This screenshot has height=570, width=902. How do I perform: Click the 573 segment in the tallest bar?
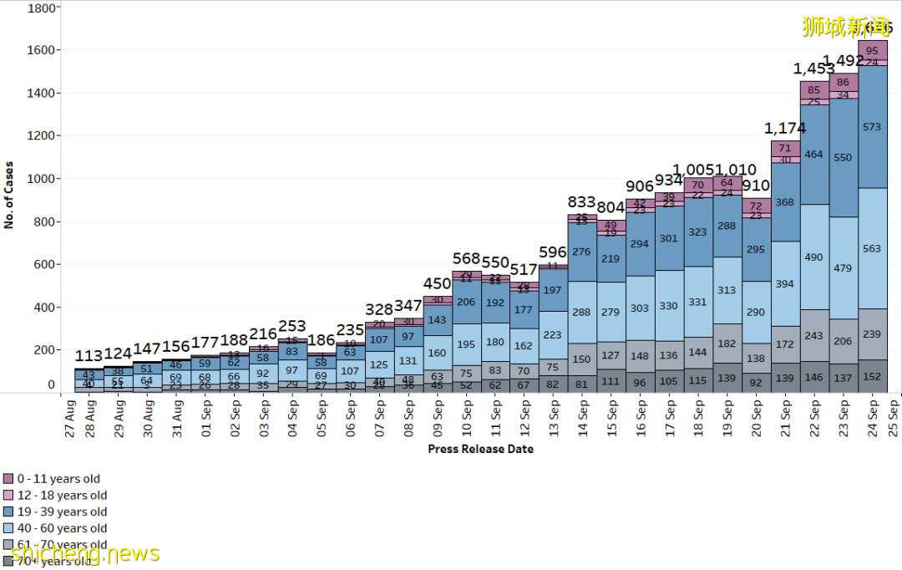pyautogui.click(x=872, y=127)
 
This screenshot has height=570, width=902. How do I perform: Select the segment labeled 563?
pyautogui.click(x=872, y=248)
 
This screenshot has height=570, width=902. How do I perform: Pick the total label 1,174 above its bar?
pyautogui.click(x=785, y=128)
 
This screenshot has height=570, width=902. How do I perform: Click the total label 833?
pyautogui.click(x=581, y=202)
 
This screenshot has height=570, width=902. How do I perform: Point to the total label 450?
pyautogui.click(x=438, y=284)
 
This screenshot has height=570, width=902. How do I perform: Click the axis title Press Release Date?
pyautogui.click(x=480, y=449)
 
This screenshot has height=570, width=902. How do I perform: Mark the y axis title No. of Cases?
pyautogui.click(x=9, y=195)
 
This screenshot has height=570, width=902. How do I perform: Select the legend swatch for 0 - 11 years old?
pyautogui.click(x=8, y=479)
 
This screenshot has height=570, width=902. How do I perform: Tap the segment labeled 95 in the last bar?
pyautogui.click(x=872, y=51)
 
